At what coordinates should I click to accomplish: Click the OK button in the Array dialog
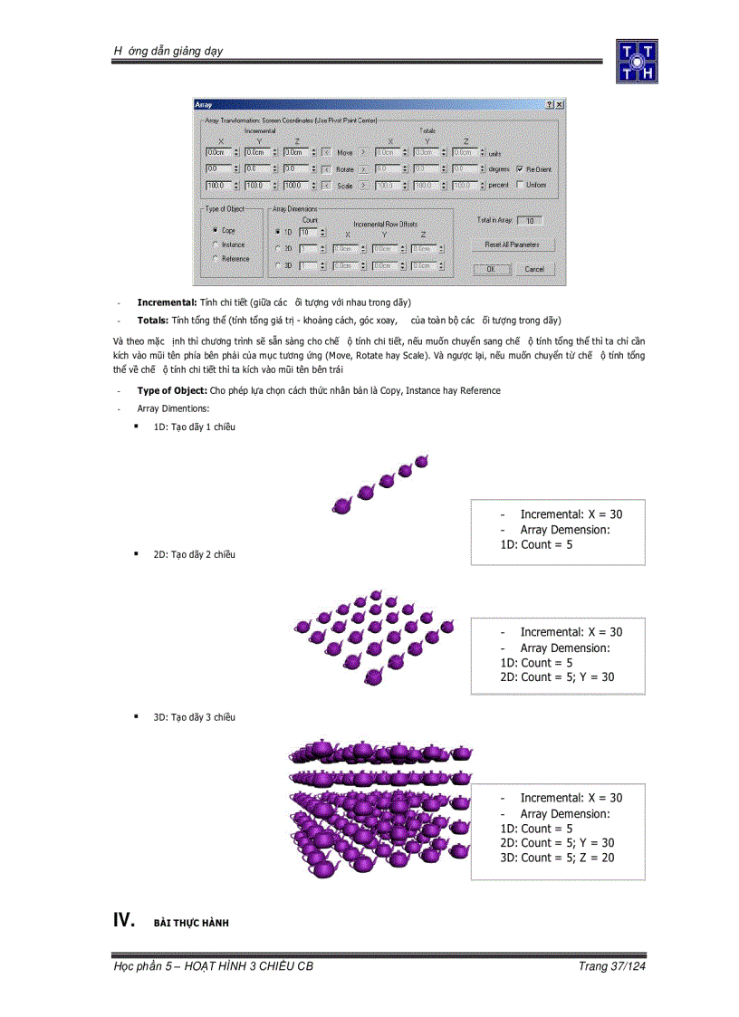pos(491,269)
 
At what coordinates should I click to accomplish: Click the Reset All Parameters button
pos(513,245)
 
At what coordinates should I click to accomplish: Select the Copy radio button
pos(215,231)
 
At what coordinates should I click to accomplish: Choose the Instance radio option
pos(215,245)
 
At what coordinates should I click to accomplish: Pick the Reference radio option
pos(215,259)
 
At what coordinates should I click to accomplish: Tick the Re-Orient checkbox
pos(519,169)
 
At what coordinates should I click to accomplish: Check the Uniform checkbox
pos(519,184)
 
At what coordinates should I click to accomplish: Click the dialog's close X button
pos(560,106)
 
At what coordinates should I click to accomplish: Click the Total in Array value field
pos(531,220)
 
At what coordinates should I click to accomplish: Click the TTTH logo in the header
pos(637,61)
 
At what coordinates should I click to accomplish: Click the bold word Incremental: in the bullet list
pos(168,302)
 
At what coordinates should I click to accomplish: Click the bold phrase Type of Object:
pos(172,390)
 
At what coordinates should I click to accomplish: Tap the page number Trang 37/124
pos(611,966)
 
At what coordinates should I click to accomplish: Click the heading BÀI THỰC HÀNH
pos(191,923)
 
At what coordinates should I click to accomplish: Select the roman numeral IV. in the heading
pos(123,921)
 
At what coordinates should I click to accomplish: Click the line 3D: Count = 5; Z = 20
pos(556,858)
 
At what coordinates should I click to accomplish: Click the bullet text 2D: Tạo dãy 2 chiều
pos(194,554)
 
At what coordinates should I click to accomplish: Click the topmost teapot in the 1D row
pos(421,461)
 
